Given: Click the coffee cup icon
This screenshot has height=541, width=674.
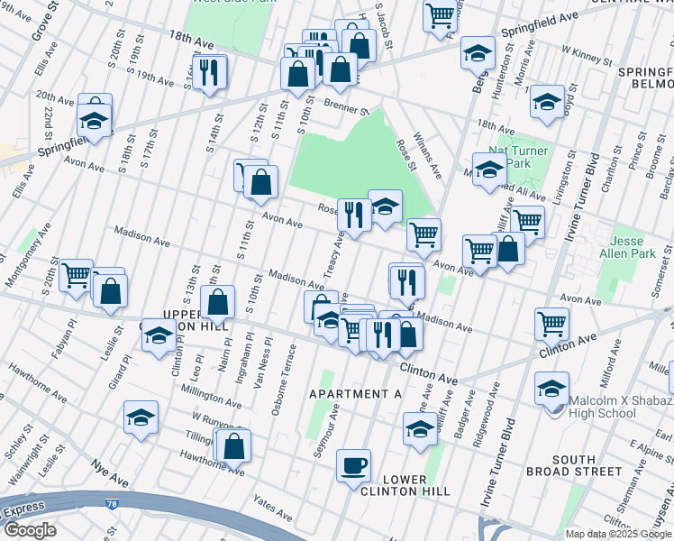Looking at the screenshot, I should (x=353, y=465).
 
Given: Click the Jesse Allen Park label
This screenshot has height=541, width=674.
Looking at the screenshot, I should (x=633, y=248).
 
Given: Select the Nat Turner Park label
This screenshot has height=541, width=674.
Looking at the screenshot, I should (x=517, y=157).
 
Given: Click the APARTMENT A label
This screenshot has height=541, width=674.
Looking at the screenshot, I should (x=354, y=394).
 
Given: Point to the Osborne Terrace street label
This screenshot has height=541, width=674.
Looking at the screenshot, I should (x=282, y=378).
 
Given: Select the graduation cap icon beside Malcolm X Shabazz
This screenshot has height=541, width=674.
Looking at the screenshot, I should (x=551, y=389).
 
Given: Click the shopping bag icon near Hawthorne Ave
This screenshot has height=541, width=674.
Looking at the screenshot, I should (x=233, y=445).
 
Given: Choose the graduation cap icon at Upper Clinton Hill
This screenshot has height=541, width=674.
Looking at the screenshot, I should (x=159, y=335).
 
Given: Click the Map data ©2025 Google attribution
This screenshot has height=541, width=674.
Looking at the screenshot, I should (x=618, y=534).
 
